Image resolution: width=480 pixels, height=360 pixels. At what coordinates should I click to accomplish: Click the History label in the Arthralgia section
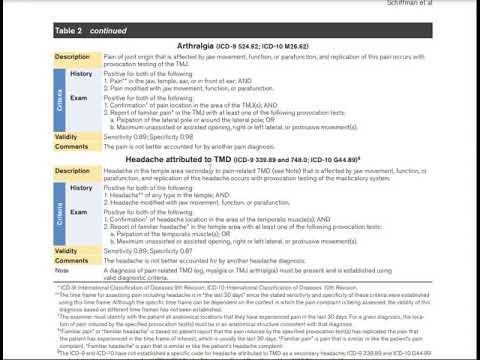(81, 75)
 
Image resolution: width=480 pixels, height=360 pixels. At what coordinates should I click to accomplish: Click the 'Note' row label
(62, 270)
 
